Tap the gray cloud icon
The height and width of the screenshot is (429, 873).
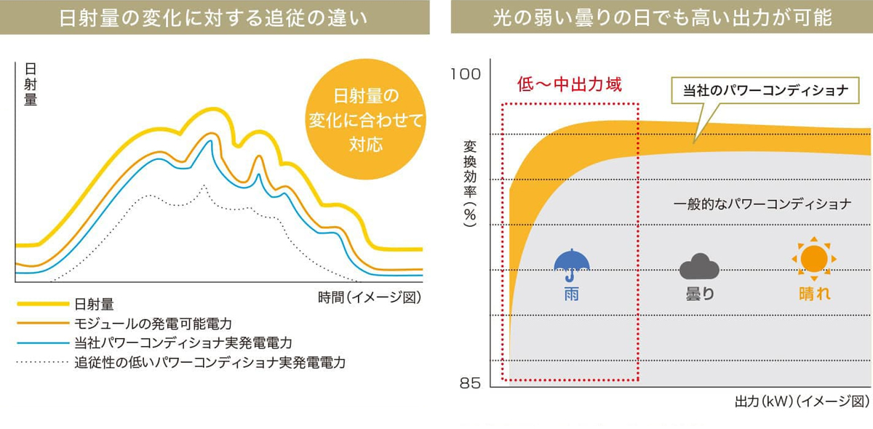[699, 268]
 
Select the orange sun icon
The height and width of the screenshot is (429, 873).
[813, 259]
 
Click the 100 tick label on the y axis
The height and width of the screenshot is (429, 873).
[466, 74]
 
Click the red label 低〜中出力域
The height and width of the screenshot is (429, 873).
[570, 84]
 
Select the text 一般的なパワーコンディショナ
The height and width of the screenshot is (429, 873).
[762, 204]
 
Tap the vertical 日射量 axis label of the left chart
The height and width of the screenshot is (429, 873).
[31, 84]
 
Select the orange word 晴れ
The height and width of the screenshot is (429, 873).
[813, 294]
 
